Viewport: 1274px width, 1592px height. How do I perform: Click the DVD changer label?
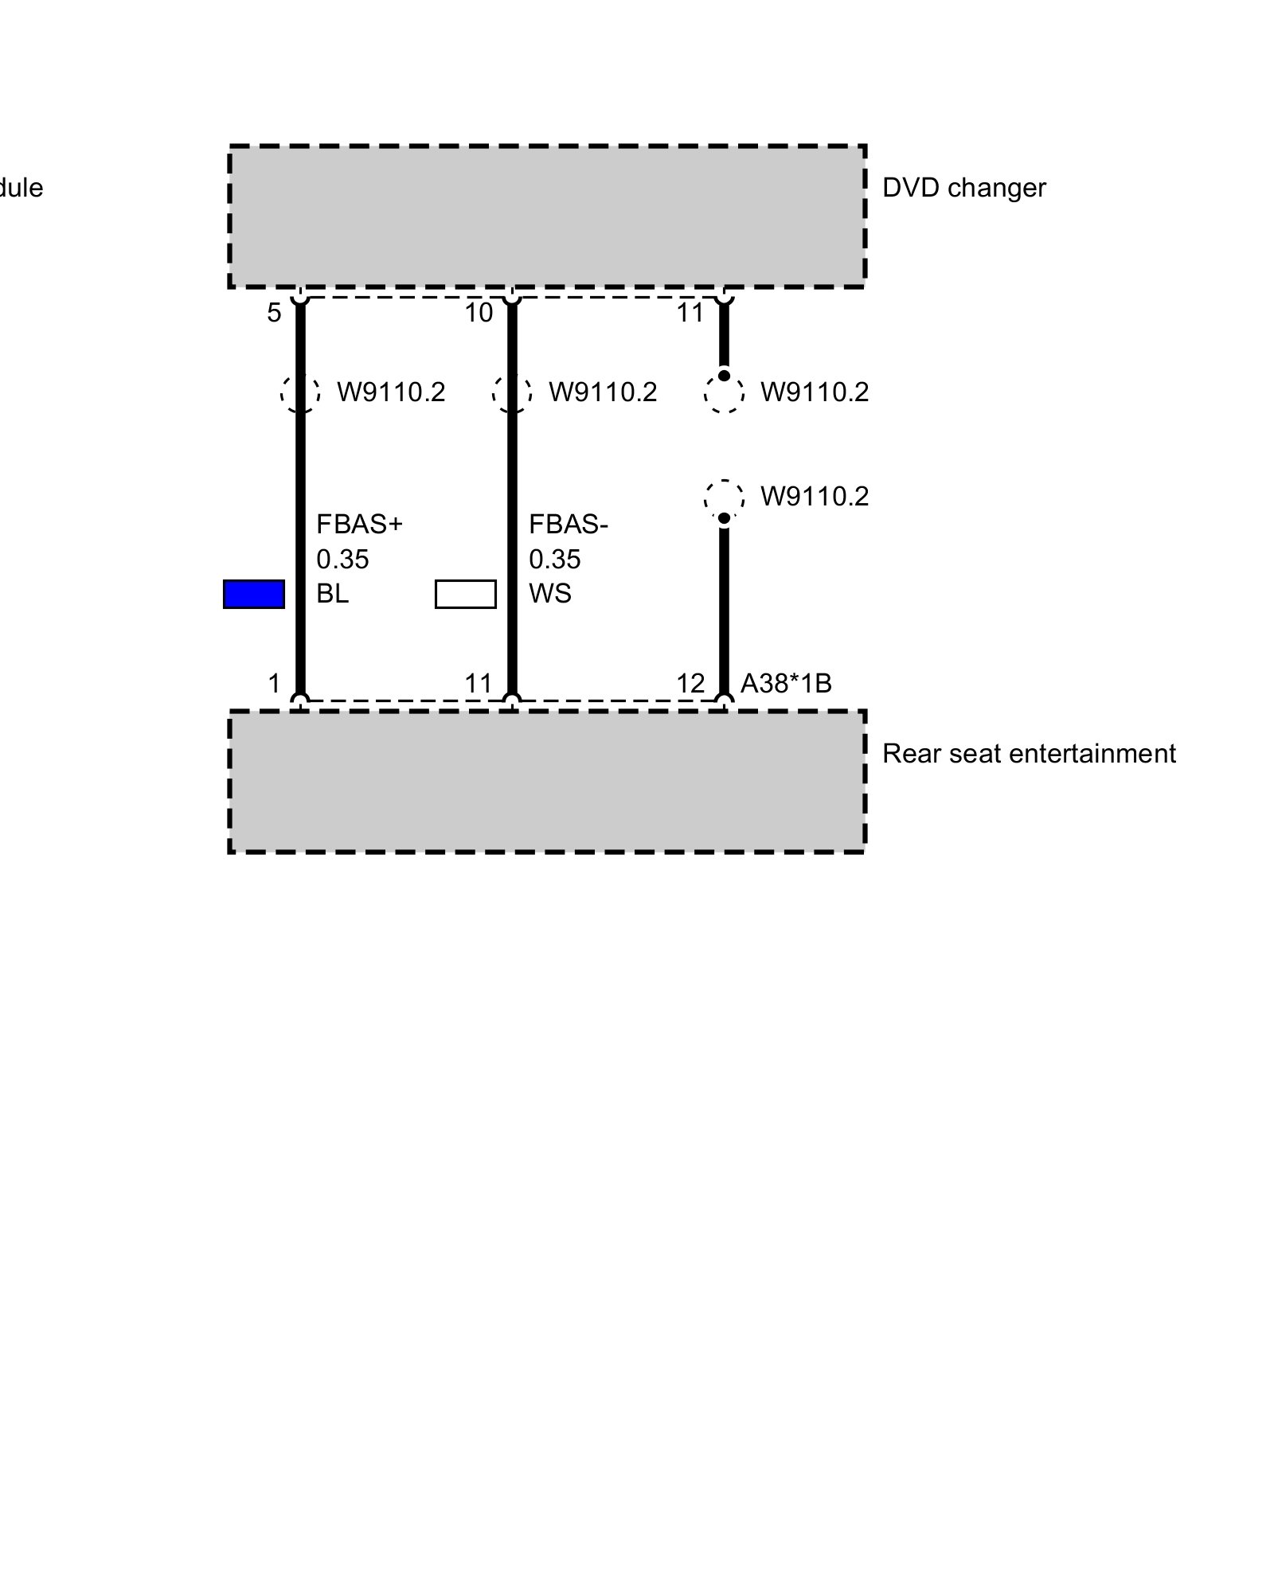coord(963,189)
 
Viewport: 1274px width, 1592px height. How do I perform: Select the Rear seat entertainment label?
coord(1028,754)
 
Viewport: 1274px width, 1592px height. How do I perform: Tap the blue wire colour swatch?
coord(254,595)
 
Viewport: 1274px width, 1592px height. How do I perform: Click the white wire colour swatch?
coord(466,595)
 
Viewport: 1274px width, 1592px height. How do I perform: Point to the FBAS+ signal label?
coord(359,525)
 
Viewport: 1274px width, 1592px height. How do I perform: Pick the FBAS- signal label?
coord(568,525)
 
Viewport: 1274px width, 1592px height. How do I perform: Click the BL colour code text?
coord(332,595)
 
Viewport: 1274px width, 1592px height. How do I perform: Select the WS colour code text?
coord(549,595)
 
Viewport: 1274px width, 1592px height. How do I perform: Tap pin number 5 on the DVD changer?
coord(274,314)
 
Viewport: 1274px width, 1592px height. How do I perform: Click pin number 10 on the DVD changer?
coord(479,314)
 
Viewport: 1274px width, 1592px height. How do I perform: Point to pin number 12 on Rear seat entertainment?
coord(690,684)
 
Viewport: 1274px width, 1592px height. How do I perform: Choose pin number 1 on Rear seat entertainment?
coord(274,684)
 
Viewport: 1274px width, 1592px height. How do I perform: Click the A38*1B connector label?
coord(786,684)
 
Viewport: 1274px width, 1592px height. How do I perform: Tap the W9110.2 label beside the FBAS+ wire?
coord(391,392)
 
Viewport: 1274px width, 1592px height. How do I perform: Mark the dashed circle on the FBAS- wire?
coord(512,393)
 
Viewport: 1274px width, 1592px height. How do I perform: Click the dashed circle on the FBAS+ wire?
coord(300,393)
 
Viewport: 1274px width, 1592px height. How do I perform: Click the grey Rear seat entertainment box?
coord(547,782)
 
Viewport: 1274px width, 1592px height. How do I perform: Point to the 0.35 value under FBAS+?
coord(342,560)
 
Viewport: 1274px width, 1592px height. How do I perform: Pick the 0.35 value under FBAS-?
coord(554,560)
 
